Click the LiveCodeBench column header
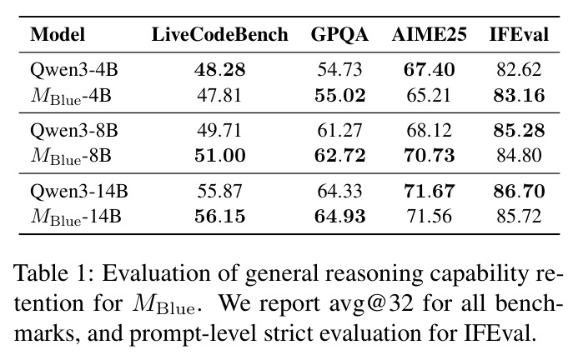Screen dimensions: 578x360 [219, 35]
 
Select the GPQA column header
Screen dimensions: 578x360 [339, 35]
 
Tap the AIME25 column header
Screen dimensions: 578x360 [429, 35]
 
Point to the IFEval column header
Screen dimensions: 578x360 [519, 35]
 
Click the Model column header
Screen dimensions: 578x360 [58, 35]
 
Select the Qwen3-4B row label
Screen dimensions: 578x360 [74, 70]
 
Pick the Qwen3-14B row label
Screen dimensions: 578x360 [79, 191]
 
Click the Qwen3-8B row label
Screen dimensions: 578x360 [74, 131]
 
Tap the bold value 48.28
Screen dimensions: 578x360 [219, 70]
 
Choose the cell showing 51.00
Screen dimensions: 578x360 [220, 155]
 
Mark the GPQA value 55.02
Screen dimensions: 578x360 [339, 96]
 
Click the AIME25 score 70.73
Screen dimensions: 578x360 [429, 155]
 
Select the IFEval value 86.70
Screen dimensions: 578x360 [519, 191]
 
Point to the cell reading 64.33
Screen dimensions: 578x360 [339, 191]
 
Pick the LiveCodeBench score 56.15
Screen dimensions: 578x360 [219, 216]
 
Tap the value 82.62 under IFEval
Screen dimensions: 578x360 [519, 70]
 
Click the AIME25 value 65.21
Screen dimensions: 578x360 [429, 96]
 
